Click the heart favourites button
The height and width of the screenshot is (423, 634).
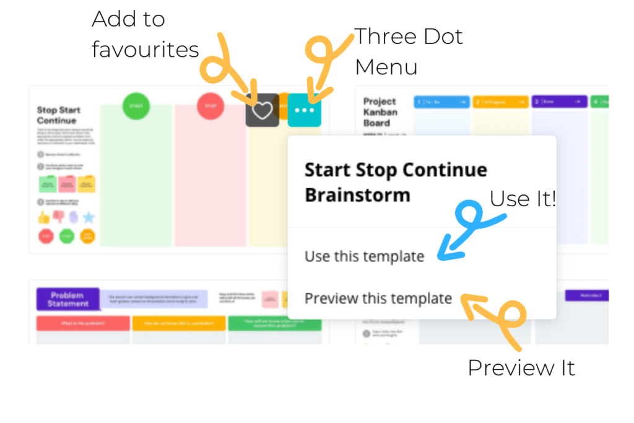coord(263,110)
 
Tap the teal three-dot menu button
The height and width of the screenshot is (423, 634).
coord(305,110)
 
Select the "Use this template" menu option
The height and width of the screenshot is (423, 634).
coord(364,256)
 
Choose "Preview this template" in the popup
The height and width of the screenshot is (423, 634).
coord(378,299)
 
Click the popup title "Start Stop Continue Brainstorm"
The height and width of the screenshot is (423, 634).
coord(396,182)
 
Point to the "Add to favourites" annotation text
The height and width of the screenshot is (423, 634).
coord(145,34)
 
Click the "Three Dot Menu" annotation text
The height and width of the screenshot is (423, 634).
coord(408,51)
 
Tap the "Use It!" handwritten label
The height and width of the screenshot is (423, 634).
coord(523,199)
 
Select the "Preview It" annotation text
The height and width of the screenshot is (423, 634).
coord(521,368)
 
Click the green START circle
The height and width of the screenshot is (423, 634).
coord(136,107)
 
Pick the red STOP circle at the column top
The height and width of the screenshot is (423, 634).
coord(211,107)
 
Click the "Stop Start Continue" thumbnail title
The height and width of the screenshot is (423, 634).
coord(59,115)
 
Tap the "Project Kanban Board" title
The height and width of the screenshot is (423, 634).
coord(381,112)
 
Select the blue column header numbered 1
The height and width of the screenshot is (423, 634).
coord(441,102)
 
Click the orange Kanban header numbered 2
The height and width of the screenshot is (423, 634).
coord(500,102)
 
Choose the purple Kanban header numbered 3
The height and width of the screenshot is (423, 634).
coord(559,102)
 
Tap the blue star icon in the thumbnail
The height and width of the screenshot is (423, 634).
coord(89,217)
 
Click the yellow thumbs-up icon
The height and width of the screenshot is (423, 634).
coord(44,217)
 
